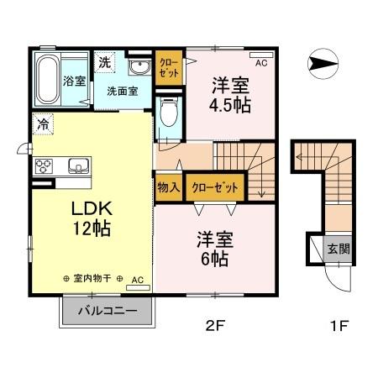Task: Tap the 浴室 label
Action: [x=74, y=81]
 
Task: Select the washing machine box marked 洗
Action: [x=103, y=61]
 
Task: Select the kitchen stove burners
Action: [x=43, y=165]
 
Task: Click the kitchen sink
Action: [x=77, y=165]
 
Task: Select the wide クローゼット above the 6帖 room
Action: [x=214, y=187]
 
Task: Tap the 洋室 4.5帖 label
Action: [x=229, y=95]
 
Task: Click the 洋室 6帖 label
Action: [x=216, y=249]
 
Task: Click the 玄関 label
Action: [x=338, y=249]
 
